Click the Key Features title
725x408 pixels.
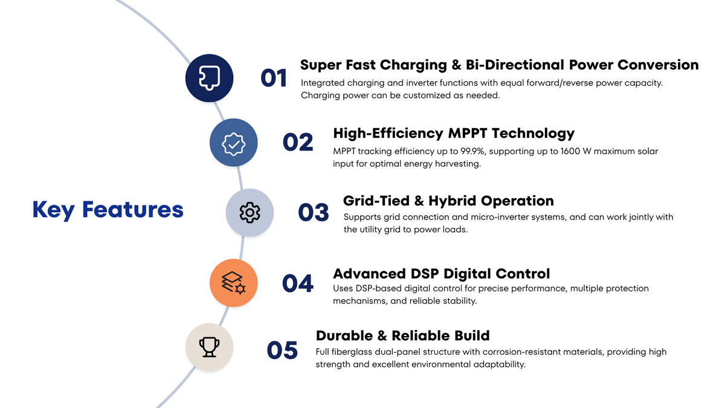(x=108, y=210)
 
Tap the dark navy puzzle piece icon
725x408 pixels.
(x=209, y=78)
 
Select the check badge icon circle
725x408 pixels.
(x=233, y=143)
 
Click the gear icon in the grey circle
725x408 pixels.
(x=250, y=212)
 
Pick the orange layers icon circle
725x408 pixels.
(x=233, y=283)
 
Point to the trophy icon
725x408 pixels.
(x=209, y=347)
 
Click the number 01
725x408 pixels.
(x=274, y=78)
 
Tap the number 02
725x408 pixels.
(x=298, y=142)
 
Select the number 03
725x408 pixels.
(x=314, y=212)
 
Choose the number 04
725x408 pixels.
(x=297, y=283)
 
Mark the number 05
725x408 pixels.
(x=282, y=350)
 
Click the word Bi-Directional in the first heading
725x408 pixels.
(x=515, y=65)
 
